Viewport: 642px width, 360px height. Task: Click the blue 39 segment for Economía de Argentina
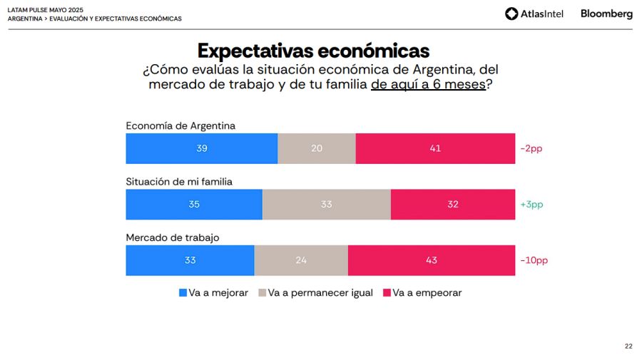tap(202, 148)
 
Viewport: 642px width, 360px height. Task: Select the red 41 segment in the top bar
tap(435, 148)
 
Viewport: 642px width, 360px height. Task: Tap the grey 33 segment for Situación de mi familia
tap(326, 205)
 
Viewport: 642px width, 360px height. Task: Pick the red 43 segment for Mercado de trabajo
tap(432, 260)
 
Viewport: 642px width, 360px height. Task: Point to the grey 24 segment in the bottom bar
tap(301, 260)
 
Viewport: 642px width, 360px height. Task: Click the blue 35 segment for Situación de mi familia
tap(194, 205)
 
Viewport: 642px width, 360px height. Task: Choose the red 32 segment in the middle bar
tap(453, 205)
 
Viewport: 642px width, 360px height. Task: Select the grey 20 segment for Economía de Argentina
tap(316, 148)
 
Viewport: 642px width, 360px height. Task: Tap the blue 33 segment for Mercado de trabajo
tap(190, 260)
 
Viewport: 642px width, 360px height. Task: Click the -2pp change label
tap(532, 149)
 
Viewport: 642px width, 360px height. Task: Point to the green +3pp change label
tap(532, 205)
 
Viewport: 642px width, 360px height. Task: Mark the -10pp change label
tap(534, 260)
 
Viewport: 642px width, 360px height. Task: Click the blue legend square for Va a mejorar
tap(183, 293)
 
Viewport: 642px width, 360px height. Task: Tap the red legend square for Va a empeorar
tap(387, 293)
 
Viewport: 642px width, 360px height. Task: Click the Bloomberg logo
tap(606, 14)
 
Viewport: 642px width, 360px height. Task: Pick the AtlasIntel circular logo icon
tap(511, 14)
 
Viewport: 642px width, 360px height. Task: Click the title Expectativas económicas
tap(313, 51)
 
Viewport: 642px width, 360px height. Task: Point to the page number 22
tap(628, 346)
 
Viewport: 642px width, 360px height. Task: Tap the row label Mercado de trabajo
tap(173, 237)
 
